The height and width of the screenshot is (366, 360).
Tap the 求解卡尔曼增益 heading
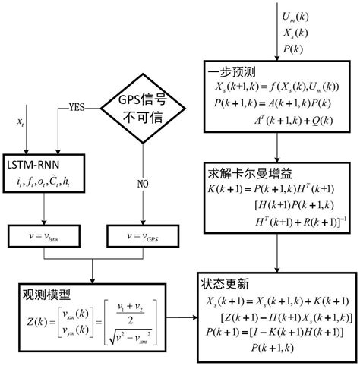tap(242, 172)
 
